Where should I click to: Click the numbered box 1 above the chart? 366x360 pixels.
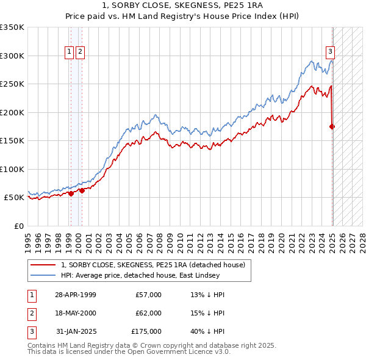pyautogui.click(x=70, y=52)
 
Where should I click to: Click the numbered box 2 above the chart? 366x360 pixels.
pyautogui.click(x=80, y=52)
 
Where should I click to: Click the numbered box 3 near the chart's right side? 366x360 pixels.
pyautogui.click(x=330, y=52)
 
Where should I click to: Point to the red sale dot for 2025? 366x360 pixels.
pyautogui.click(x=332, y=127)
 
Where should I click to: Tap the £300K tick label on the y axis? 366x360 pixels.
pyautogui.click(x=12, y=56)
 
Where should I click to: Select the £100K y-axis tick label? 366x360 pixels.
pyautogui.click(x=12, y=169)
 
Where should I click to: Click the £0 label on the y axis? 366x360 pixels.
pyautogui.click(x=19, y=226)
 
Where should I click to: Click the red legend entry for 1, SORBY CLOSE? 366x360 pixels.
pyautogui.click(x=152, y=265)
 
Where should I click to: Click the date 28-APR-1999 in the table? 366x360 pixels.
pyautogui.click(x=76, y=295)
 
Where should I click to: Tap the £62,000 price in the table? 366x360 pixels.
pyautogui.click(x=149, y=313)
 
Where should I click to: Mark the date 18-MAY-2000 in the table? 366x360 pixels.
pyautogui.click(x=76, y=313)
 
